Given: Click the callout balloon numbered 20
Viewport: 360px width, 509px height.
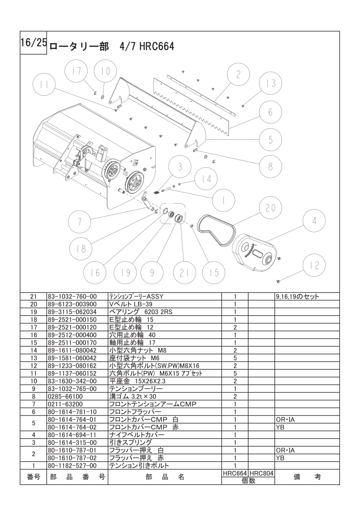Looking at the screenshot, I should [x=271, y=208].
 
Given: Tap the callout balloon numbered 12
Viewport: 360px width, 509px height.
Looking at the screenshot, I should [x=314, y=265].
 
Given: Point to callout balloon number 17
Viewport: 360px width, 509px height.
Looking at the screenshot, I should [x=78, y=71].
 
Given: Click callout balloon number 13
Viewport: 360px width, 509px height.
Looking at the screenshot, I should [x=271, y=84].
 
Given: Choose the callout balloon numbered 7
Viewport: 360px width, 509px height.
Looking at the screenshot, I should [x=79, y=222].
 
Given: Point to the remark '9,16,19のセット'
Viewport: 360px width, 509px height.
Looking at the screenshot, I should [x=297, y=297].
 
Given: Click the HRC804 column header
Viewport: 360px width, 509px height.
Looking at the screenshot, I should [x=261, y=473].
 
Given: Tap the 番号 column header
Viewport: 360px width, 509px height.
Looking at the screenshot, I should [x=34, y=477].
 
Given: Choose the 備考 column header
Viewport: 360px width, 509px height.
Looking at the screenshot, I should [x=307, y=477].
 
